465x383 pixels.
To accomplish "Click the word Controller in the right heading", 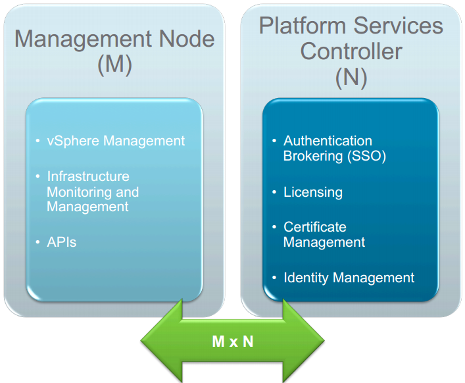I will [351, 51].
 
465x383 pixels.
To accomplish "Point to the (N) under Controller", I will [351, 78].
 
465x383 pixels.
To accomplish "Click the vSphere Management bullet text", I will [116, 141].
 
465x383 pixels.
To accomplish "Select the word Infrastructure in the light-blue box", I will [88, 176].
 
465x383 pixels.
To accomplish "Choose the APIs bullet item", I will [62, 242].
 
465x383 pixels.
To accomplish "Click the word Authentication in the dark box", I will [328, 141].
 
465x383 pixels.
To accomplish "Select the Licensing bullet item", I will [313, 192].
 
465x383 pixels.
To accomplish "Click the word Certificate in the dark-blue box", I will [315, 227].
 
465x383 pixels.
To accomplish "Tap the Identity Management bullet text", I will [349, 278].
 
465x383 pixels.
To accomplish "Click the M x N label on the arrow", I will [232, 341].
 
